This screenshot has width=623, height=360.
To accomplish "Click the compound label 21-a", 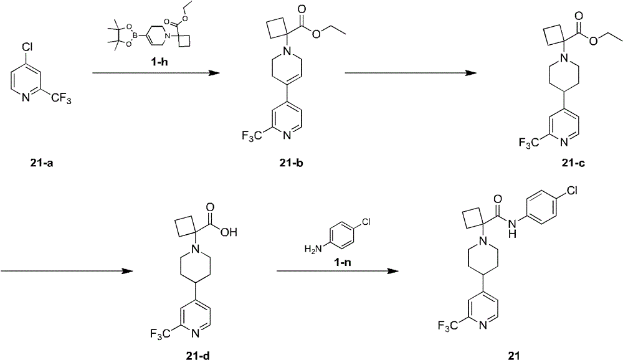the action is coord(41,163).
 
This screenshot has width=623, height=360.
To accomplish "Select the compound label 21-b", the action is coord(291,163).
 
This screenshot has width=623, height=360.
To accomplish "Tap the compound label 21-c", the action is coord(573,163).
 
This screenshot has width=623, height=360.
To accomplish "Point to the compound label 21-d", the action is coord(197,355).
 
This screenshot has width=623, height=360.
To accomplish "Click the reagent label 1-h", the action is coord(159,62).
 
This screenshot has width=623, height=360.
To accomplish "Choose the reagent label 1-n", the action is coord(342,262).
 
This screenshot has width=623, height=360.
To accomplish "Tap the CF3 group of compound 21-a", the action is coord(61,98).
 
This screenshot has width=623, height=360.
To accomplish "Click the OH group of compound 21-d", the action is coord(229,232).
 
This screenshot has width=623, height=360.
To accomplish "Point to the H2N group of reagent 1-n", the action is coord(313,249).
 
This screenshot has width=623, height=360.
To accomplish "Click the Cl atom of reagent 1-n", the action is coord(366,222).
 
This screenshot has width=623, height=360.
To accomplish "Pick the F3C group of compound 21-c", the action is coord(529,142).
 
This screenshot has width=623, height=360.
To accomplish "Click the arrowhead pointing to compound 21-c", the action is coord(471,73).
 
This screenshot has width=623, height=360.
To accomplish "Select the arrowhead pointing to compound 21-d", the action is coord(127,271).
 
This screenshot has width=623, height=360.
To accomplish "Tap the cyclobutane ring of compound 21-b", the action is coord(277,29).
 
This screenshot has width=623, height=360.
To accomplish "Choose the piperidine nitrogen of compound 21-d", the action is coord(194,249).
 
